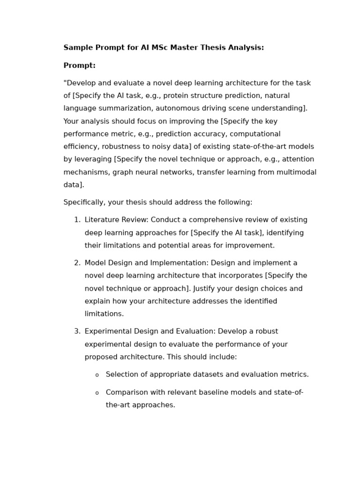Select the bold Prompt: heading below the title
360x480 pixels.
point(79,66)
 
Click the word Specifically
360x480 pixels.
point(83,202)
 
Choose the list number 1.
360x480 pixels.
point(77,220)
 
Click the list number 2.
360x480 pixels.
point(77,263)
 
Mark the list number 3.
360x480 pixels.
point(77,331)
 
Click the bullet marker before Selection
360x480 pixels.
point(97,375)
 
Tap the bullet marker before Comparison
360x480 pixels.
point(97,393)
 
